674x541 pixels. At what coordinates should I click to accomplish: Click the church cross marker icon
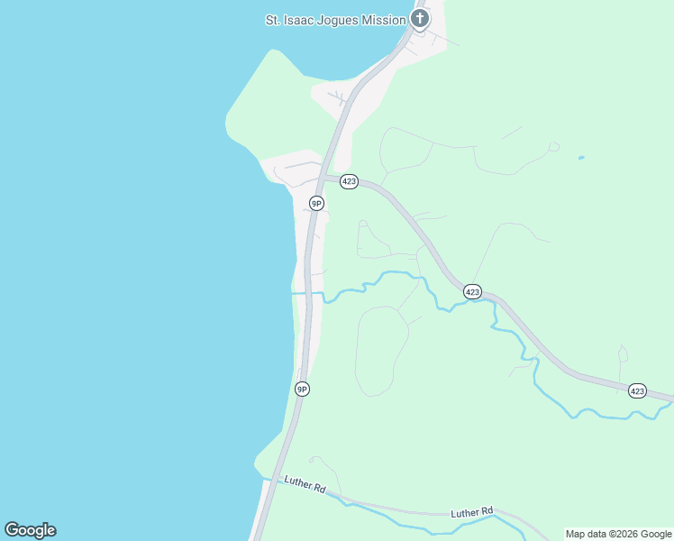click(x=419, y=18)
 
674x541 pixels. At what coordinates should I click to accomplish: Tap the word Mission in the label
click(x=385, y=19)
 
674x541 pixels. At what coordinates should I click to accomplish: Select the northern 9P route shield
click(x=316, y=203)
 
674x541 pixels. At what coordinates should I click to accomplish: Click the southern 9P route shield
click(x=302, y=389)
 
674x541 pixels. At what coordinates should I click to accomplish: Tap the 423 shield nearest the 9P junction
click(x=350, y=182)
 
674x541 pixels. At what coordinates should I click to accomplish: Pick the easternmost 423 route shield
click(x=638, y=390)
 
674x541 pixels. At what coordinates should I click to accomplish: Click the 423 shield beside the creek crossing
click(x=473, y=291)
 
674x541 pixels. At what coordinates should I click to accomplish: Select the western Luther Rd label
click(x=305, y=485)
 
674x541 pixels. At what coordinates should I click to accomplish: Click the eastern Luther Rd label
click(x=472, y=513)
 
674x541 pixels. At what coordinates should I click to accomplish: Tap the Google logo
click(x=30, y=530)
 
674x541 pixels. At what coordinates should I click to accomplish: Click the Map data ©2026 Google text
click(x=618, y=534)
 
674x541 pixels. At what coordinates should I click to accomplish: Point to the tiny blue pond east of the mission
click(x=580, y=159)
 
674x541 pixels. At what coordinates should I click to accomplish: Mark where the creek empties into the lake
click(x=293, y=292)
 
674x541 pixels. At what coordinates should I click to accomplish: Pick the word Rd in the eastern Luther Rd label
click(x=487, y=512)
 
